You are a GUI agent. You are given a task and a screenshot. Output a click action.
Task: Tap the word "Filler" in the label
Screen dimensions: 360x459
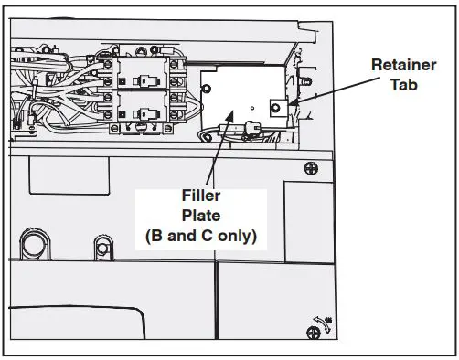click(199, 196)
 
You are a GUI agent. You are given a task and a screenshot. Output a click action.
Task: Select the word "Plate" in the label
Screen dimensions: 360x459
click(199, 216)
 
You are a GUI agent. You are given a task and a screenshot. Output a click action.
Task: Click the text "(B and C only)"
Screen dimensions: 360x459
click(199, 235)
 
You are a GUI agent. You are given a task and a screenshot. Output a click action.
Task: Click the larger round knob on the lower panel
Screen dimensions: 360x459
click(32, 245)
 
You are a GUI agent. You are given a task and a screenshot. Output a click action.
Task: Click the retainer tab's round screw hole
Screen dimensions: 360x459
click(272, 108)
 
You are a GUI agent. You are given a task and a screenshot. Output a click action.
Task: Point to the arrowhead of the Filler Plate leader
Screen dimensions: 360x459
click(224, 111)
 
